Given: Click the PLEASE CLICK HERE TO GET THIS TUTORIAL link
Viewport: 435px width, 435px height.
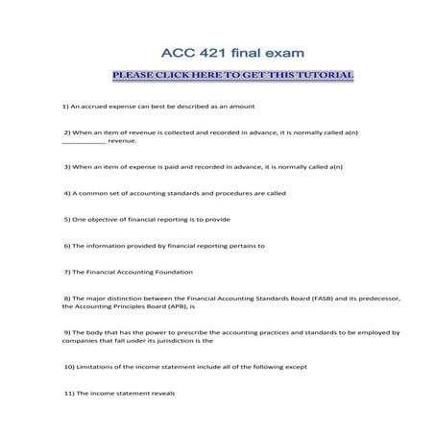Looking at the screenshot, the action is click(x=232, y=76).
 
